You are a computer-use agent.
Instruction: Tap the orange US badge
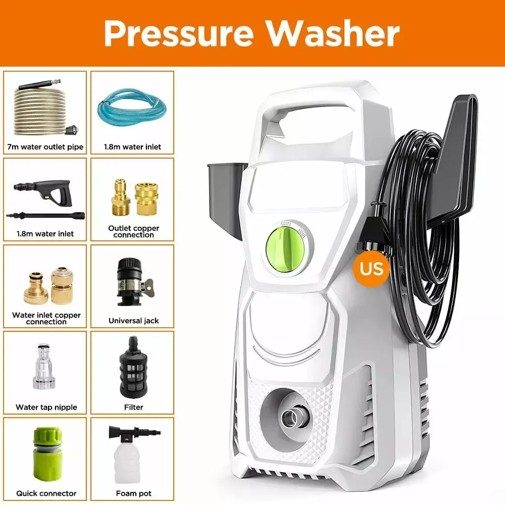(x=372, y=267)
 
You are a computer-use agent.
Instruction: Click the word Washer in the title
(x=333, y=33)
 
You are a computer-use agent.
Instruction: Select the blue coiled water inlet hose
(x=131, y=109)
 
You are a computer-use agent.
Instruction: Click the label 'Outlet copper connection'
(x=133, y=231)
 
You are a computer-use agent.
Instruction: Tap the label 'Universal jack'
(x=133, y=321)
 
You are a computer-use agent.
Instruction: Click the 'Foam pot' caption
(x=134, y=493)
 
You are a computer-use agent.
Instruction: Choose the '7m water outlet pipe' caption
(x=45, y=146)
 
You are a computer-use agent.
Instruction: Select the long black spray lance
(x=45, y=215)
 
